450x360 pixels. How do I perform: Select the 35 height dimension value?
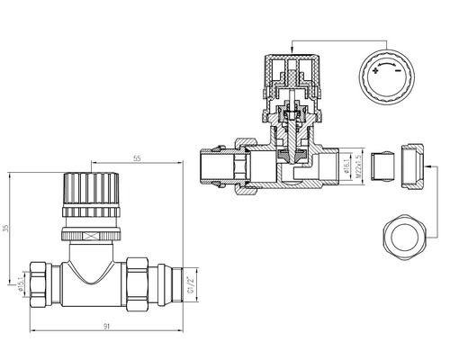coord(8,229)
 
